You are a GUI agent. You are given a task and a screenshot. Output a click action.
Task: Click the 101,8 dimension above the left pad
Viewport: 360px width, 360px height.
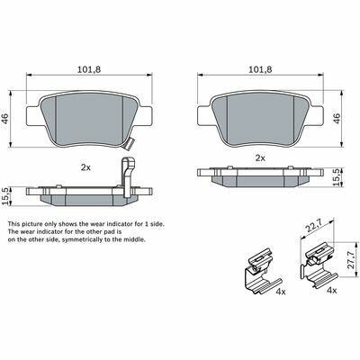(x=89, y=69)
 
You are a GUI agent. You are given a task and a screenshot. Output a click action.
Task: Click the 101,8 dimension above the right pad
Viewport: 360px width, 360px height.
(x=260, y=69)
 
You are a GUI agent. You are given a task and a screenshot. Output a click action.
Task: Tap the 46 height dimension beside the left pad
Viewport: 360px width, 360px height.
(x=5, y=119)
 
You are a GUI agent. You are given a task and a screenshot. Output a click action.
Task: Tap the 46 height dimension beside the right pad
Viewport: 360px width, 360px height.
(x=337, y=119)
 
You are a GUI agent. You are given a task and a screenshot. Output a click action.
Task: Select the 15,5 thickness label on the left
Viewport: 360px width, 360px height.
(x=5, y=196)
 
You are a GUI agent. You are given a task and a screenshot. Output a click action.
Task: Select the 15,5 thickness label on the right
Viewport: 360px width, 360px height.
(x=337, y=177)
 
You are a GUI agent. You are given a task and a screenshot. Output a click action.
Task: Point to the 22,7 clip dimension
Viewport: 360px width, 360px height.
(x=314, y=226)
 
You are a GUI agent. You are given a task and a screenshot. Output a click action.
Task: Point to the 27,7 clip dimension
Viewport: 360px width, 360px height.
(x=354, y=259)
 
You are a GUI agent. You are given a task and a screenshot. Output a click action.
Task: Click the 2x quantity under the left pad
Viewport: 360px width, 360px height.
(x=85, y=167)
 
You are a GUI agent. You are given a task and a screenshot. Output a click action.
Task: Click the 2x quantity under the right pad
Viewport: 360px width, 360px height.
(x=260, y=157)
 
